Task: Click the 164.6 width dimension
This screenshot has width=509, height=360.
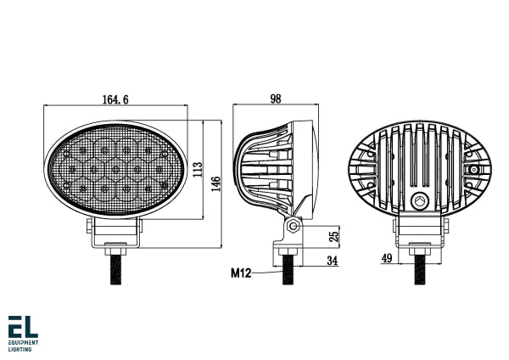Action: click(x=115, y=100)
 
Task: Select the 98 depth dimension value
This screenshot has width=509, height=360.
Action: click(x=275, y=99)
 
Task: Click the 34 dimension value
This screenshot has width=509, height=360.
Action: click(x=333, y=261)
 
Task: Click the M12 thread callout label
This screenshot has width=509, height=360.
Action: click(x=242, y=273)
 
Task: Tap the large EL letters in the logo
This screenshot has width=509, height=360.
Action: click(x=22, y=327)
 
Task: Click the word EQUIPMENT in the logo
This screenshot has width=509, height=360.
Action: click(x=24, y=343)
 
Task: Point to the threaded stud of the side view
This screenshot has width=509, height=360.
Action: click(x=290, y=271)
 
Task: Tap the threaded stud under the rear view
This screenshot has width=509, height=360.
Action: click(x=419, y=271)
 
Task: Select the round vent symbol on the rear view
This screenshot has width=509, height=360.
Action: click(x=418, y=200)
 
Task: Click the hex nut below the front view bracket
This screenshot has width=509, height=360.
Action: click(x=115, y=250)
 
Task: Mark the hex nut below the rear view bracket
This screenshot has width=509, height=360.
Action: click(x=419, y=250)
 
